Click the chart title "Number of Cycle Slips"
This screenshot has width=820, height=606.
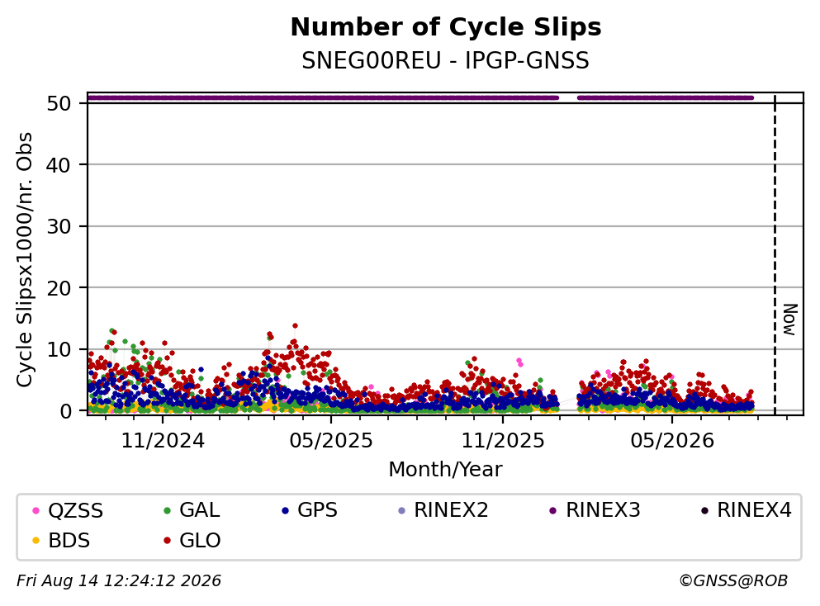(x=446, y=27)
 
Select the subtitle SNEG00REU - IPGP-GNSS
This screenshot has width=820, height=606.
(x=446, y=60)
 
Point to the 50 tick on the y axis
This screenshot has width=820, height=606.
(x=59, y=103)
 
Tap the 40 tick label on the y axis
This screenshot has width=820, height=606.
(x=59, y=165)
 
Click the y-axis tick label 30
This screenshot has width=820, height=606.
(x=59, y=226)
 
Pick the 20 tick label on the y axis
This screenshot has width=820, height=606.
(x=59, y=288)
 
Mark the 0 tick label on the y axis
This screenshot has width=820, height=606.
(x=65, y=411)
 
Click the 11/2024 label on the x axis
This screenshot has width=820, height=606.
(x=163, y=441)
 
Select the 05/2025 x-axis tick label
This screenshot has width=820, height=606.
(x=331, y=441)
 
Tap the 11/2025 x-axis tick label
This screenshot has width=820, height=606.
(x=503, y=441)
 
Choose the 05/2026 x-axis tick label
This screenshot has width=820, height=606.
(x=672, y=441)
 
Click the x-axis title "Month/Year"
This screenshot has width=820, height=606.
(x=445, y=470)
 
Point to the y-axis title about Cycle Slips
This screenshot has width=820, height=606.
(x=24, y=259)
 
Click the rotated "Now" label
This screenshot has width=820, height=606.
(x=789, y=320)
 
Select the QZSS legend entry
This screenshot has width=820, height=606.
(x=68, y=510)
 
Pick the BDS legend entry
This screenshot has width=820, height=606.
(x=61, y=541)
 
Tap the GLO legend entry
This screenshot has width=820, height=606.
(x=192, y=541)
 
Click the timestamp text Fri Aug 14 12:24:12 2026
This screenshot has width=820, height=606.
(x=119, y=581)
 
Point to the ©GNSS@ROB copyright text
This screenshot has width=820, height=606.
(x=733, y=581)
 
